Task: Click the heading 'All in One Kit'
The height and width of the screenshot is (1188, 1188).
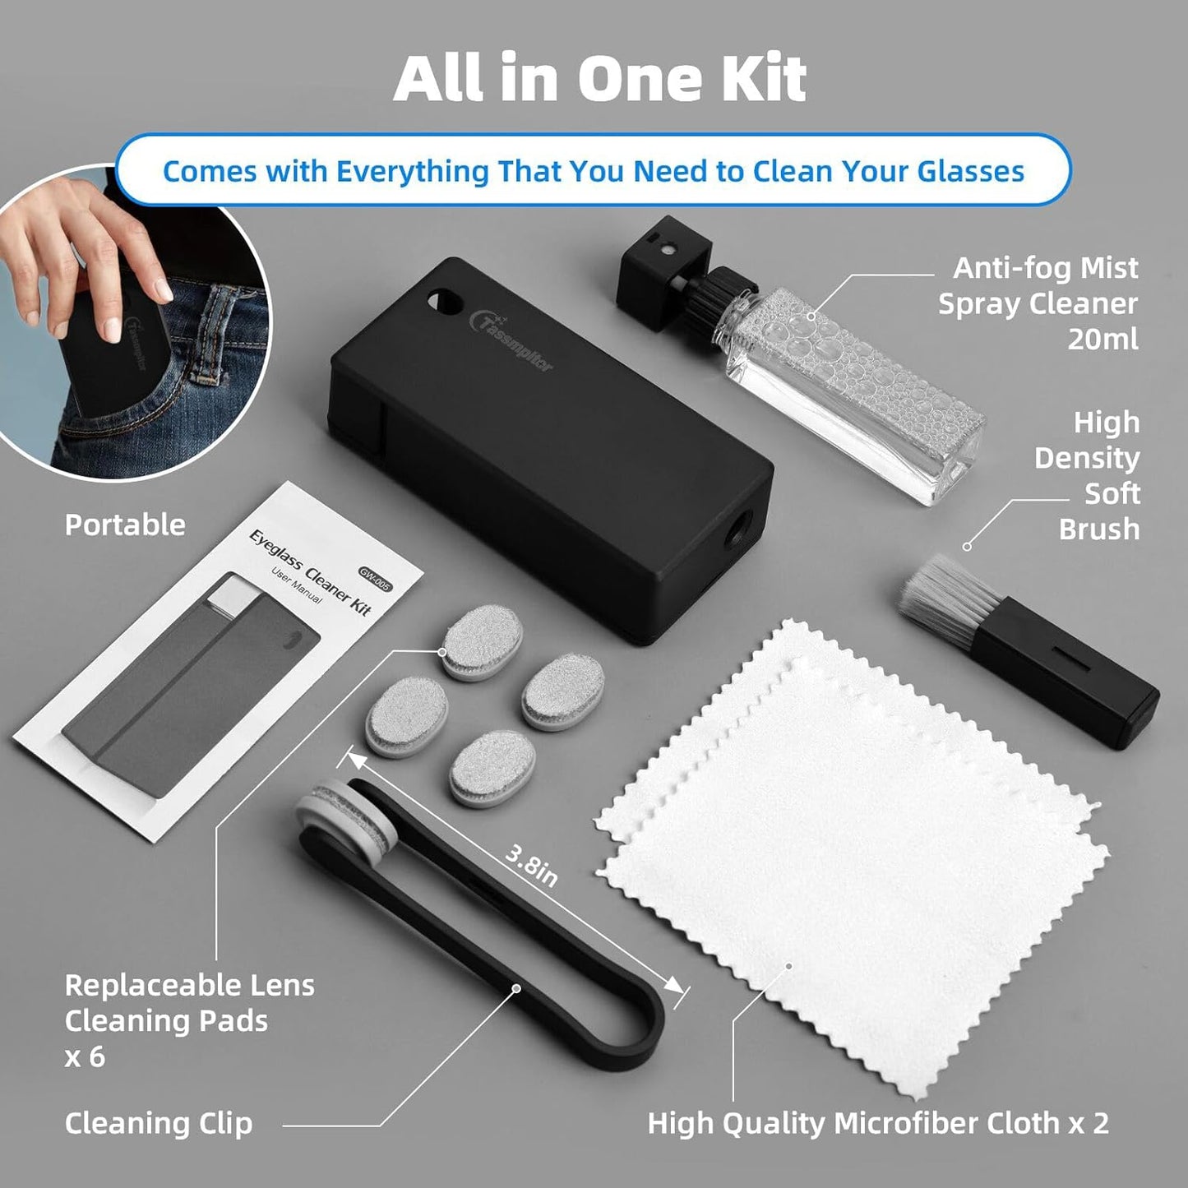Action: (x=599, y=79)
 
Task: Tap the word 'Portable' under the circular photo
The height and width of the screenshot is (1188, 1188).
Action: (x=125, y=525)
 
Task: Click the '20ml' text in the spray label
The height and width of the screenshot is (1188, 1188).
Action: (x=1102, y=339)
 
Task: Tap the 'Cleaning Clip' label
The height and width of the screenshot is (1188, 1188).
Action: (x=158, y=1123)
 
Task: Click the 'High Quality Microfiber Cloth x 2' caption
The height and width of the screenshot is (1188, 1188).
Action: (x=877, y=1123)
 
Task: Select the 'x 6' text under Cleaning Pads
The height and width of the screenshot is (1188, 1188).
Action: (x=85, y=1056)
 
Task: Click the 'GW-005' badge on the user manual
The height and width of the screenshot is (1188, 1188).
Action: (x=375, y=580)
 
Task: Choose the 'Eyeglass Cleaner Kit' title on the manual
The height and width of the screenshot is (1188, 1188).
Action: (x=311, y=571)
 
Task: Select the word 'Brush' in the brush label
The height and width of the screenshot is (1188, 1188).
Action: (x=1098, y=529)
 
